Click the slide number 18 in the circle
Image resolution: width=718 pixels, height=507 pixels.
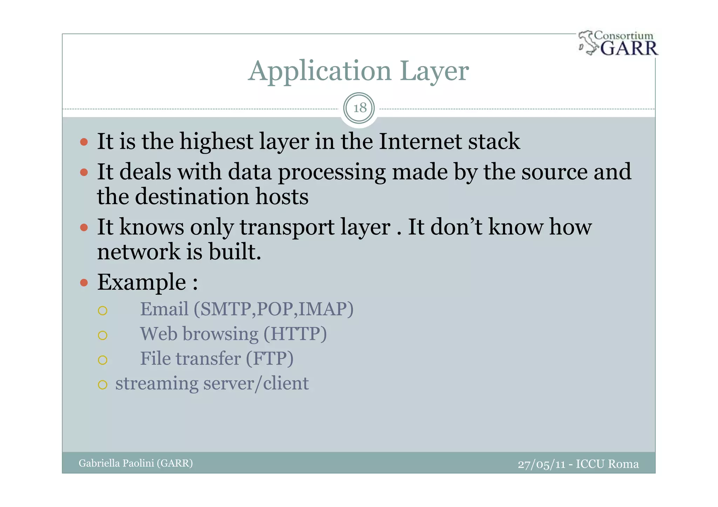(x=359, y=108)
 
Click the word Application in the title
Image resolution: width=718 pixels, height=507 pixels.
(x=319, y=71)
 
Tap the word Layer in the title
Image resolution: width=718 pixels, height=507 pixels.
(x=434, y=71)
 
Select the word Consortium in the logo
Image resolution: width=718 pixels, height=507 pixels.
(x=624, y=36)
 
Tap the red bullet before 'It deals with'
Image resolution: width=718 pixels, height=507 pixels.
(x=84, y=172)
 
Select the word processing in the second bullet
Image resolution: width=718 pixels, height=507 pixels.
(x=332, y=173)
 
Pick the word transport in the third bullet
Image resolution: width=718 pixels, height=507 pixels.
(x=287, y=227)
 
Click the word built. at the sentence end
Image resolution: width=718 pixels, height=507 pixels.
(x=235, y=252)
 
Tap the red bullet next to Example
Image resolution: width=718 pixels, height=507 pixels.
(x=84, y=283)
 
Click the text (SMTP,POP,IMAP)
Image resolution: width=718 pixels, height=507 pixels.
(x=273, y=309)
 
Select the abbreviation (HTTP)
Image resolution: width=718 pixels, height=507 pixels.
(x=295, y=334)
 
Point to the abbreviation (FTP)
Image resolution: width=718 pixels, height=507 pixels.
(x=269, y=359)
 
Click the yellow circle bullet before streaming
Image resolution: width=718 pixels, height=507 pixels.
(x=102, y=385)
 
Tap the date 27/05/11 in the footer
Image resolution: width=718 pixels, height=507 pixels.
(x=542, y=464)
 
